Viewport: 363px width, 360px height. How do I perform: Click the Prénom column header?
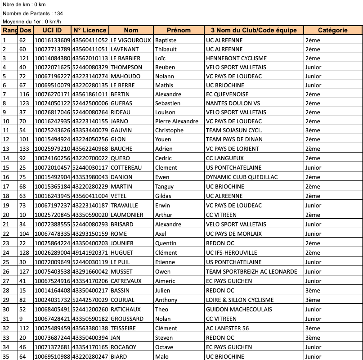click(x=179, y=30)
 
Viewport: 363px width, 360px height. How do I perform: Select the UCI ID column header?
click(x=52, y=30)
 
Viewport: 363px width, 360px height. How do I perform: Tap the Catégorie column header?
click(x=332, y=30)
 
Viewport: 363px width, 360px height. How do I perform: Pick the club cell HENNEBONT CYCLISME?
click(x=236, y=58)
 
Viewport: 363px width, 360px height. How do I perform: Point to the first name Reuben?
click(x=165, y=67)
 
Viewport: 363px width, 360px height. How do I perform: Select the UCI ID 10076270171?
click(x=52, y=94)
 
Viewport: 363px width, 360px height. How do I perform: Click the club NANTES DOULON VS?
click(x=233, y=103)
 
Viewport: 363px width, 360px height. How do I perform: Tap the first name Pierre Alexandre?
click(x=177, y=121)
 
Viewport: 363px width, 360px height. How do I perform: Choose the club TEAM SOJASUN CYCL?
click(x=234, y=130)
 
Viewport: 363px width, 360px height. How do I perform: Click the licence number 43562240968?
click(x=90, y=148)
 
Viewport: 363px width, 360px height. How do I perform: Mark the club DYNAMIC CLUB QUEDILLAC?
click(x=242, y=177)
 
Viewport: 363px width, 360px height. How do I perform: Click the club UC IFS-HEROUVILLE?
click(x=231, y=252)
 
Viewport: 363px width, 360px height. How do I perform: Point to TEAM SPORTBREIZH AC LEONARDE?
click(x=251, y=271)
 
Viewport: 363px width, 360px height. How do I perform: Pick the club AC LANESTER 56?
click(x=227, y=328)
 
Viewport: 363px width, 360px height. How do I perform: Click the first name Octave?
click(x=164, y=347)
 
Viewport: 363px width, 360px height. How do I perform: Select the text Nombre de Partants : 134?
click(x=32, y=13)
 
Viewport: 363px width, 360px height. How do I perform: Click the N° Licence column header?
click(x=90, y=30)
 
